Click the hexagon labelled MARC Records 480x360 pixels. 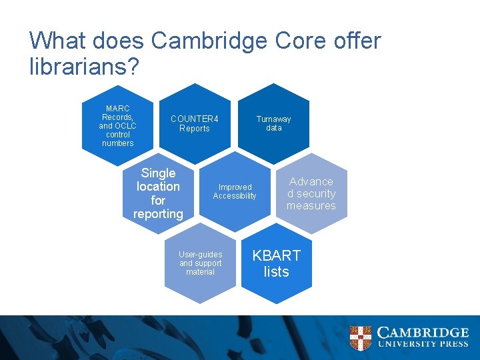coord(118,125)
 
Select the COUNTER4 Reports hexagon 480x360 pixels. coord(195,124)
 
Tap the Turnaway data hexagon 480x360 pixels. coord(273,123)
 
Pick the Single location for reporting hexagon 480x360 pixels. coord(158,193)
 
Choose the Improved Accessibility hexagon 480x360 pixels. coord(235,192)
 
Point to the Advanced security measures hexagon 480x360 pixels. coord(311,193)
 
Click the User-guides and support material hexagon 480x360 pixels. coord(200,263)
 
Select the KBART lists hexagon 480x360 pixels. coord(276,263)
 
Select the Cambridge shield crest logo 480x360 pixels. coord(361,337)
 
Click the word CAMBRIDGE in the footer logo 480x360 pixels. coord(423,332)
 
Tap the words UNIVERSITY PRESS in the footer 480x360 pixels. coord(423,345)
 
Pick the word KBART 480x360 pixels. coord(276,255)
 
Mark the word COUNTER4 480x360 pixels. coord(195,119)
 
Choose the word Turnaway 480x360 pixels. coord(273,119)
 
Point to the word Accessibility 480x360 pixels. coord(235,196)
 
